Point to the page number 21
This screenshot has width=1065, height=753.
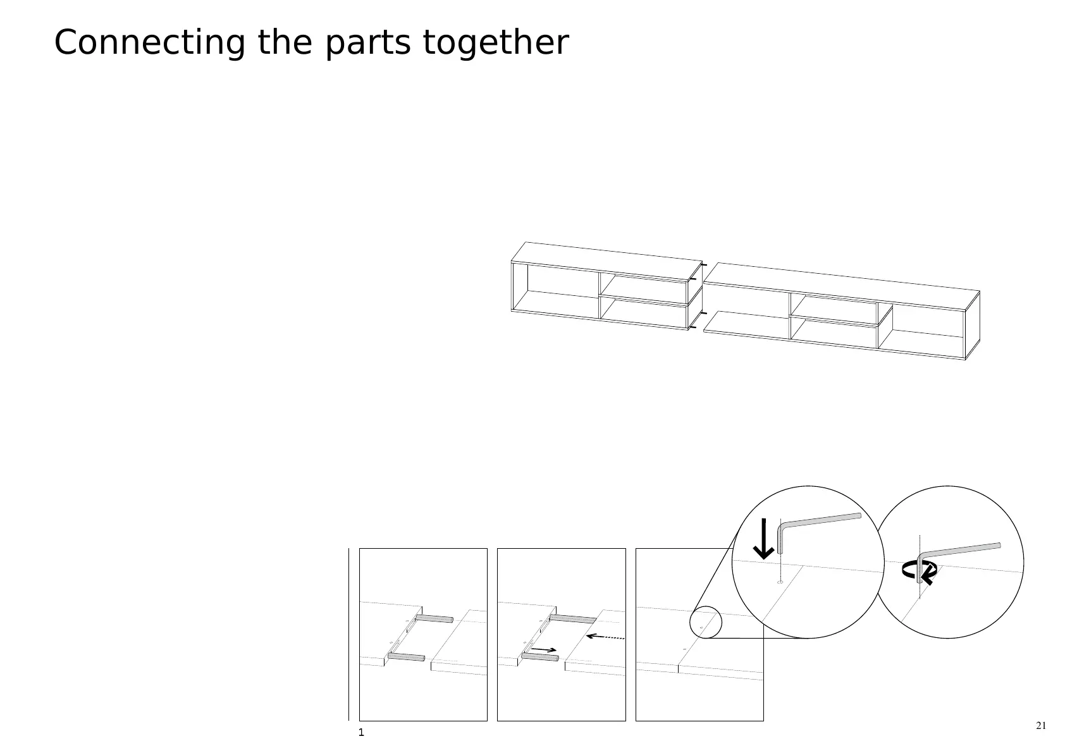(x=1041, y=725)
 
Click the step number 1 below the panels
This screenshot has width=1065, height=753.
(x=361, y=733)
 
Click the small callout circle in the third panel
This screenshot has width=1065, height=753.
(x=705, y=622)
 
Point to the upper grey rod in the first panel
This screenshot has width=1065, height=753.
(x=434, y=618)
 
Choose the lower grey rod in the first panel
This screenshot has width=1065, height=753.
(x=406, y=658)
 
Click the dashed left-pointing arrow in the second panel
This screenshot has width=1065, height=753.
(x=605, y=637)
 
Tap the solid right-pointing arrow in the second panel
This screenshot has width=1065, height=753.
(x=544, y=649)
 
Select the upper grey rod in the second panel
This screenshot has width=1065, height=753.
(x=573, y=618)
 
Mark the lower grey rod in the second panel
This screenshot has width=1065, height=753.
(x=540, y=658)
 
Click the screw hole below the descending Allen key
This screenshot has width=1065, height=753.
(x=780, y=582)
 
